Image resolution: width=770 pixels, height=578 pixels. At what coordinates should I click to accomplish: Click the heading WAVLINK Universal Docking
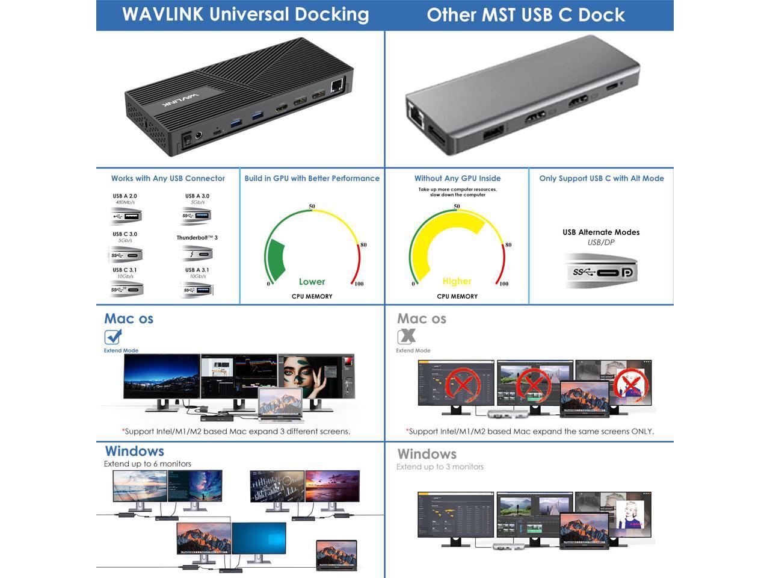[x=245, y=14]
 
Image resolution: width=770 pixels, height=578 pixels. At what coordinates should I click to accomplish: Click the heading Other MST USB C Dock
[x=526, y=15]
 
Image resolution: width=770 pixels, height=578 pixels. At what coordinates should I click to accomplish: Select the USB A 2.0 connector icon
[x=126, y=216]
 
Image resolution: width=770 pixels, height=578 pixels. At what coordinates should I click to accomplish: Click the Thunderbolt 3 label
[x=197, y=238]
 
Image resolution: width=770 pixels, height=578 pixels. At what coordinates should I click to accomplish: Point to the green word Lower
[x=312, y=282]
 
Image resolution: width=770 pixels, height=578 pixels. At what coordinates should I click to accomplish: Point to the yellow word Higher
[x=457, y=281]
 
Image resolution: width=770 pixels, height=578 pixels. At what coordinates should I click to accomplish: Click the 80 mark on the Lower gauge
[x=363, y=245]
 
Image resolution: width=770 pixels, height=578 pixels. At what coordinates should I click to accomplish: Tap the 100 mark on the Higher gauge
[x=504, y=284]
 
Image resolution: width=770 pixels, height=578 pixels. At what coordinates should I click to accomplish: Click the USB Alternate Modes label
[x=601, y=232]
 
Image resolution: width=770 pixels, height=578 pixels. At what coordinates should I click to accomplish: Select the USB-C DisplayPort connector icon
[x=602, y=272]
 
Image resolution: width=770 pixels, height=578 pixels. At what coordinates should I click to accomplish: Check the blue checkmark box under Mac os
[x=113, y=337]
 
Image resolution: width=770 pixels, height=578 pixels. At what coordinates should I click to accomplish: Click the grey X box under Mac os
[x=407, y=337]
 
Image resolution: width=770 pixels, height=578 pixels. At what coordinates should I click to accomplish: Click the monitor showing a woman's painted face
[x=316, y=377]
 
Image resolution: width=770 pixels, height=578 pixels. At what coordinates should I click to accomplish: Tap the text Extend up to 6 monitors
[x=147, y=464]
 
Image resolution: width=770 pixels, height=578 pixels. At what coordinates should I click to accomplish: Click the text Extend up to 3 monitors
[x=440, y=467]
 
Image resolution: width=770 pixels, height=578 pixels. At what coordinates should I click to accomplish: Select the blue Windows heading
[x=134, y=451]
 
